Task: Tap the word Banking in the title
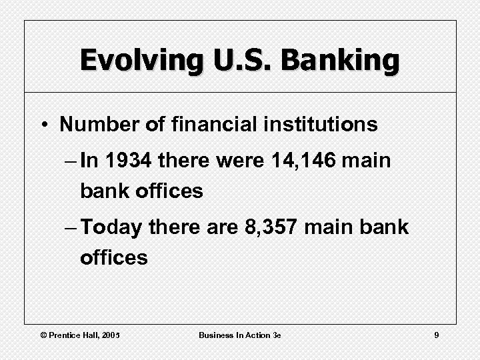click(340, 60)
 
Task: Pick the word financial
click(202, 125)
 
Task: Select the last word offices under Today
click(113, 257)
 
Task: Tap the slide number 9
click(436, 335)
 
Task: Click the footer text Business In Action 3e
click(239, 335)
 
